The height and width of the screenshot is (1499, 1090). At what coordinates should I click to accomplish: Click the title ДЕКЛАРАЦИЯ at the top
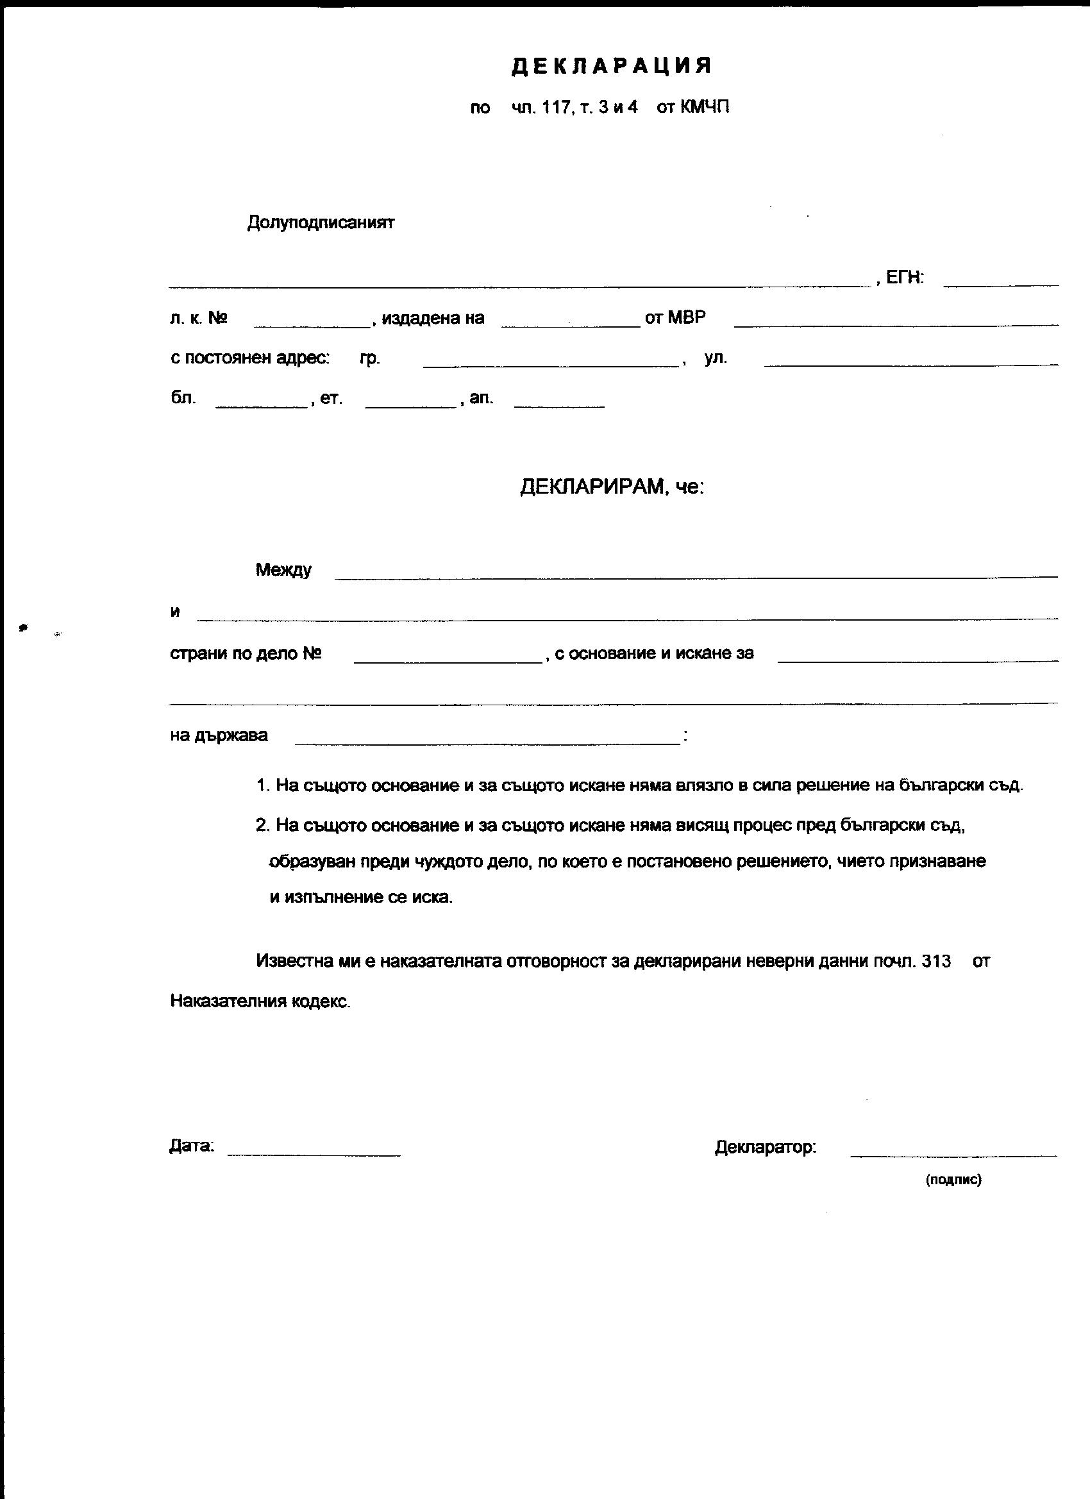pyautogui.click(x=612, y=66)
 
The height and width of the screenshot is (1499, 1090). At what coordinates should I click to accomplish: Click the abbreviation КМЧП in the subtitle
pyautogui.click(x=705, y=107)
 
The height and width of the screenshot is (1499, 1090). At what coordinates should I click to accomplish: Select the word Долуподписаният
pyautogui.click(x=321, y=222)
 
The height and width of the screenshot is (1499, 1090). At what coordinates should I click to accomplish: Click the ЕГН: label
pyautogui.click(x=904, y=278)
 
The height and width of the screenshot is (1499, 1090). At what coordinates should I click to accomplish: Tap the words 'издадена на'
pyautogui.click(x=433, y=319)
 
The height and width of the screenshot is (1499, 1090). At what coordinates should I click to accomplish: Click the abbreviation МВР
pyautogui.click(x=686, y=318)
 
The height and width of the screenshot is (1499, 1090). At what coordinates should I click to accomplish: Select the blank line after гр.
pyautogui.click(x=551, y=364)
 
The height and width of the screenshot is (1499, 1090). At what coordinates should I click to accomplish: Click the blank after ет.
pyautogui.click(x=410, y=405)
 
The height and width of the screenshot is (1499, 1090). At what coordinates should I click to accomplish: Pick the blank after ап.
pyautogui.click(x=559, y=405)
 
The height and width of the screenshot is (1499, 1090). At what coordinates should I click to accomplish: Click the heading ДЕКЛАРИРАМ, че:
pyautogui.click(x=612, y=487)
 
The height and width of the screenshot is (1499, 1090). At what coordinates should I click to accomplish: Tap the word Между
pyautogui.click(x=283, y=570)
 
